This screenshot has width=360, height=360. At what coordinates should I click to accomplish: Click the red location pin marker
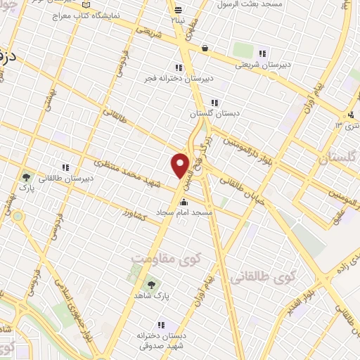click(x=181, y=165)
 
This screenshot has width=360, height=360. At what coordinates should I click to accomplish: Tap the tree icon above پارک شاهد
click(x=150, y=284)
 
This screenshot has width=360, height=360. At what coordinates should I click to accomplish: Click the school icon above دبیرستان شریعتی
click(x=263, y=53)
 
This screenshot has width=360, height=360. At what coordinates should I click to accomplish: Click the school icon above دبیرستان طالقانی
click(x=65, y=168)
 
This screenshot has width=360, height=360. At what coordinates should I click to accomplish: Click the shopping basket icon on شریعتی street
click(x=205, y=49)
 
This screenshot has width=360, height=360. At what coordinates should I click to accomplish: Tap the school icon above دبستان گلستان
click(x=214, y=102)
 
